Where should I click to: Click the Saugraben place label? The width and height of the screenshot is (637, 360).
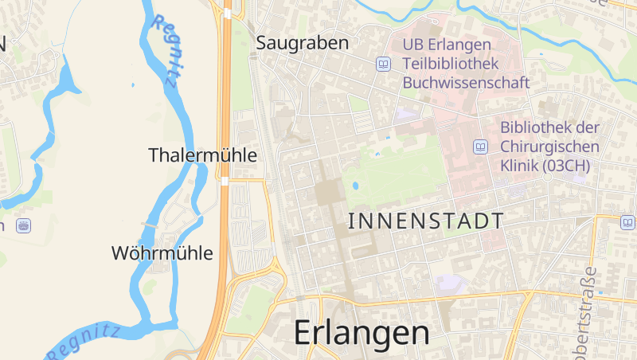click(x=303, y=43)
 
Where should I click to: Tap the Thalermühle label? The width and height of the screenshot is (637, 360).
click(x=203, y=155)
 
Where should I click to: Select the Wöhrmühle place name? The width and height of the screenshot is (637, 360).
click(x=162, y=253)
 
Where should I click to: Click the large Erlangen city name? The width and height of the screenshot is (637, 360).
click(x=362, y=332)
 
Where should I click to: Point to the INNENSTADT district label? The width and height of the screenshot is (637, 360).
click(x=426, y=221)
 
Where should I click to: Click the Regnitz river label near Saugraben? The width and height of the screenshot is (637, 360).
click(x=166, y=49)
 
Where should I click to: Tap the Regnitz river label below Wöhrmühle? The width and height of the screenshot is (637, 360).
click(x=83, y=341)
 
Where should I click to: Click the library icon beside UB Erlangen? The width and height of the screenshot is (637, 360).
click(x=384, y=63)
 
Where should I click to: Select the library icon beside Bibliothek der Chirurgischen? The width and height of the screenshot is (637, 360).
click(x=480, y=147)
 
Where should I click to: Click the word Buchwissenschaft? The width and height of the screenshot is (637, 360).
click(x=467, y=81)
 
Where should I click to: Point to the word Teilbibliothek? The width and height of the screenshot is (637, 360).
click(x=451, y=63)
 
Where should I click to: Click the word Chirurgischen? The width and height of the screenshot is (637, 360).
click(x=550, y=147)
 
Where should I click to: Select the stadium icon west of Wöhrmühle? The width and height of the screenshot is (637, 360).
click(x=24, y=225)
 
